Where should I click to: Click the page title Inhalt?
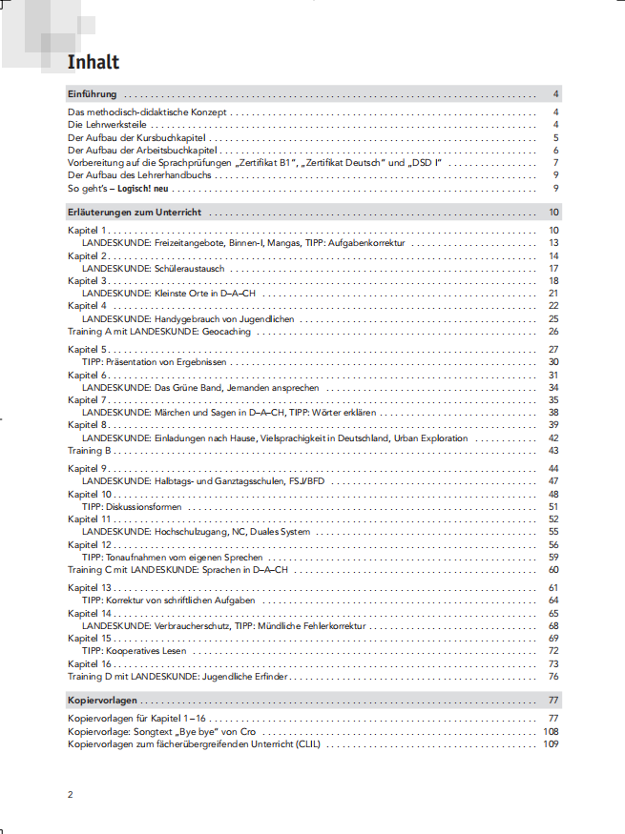click(94, 63)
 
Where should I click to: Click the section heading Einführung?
click(93, 94)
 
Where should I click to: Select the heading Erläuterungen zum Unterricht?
click(135, 213)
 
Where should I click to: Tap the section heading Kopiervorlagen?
click(102, 701)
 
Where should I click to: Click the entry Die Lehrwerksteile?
click(108, 125)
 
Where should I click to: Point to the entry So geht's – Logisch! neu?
click(125, 188)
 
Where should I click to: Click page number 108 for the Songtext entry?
click(550, 731)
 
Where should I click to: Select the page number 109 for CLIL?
click(550, 743)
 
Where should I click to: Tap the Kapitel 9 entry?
click(88, 470)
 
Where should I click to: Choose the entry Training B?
click(90, 450)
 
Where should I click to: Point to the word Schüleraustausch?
click(189, 269)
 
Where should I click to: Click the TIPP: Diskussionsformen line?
click(132, 507)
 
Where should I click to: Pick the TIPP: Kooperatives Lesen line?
click(135, 651)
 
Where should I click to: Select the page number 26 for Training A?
click(552, 332)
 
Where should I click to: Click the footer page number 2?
click(71, 795)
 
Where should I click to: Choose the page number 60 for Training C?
click(552, 569)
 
